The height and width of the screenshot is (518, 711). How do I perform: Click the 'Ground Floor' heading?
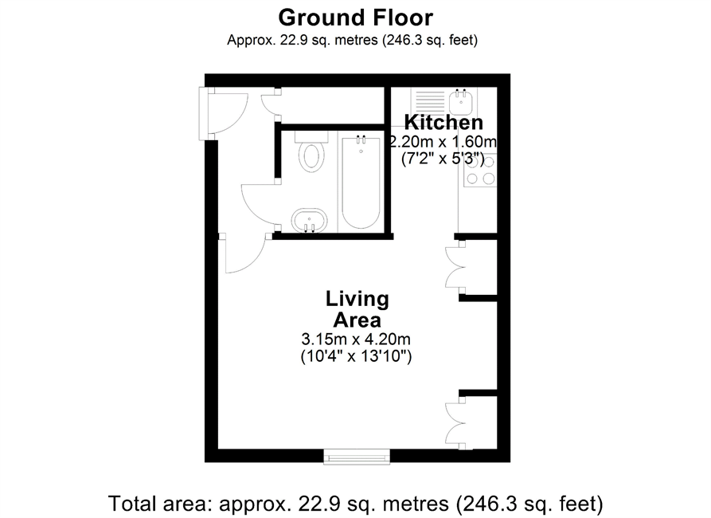355,18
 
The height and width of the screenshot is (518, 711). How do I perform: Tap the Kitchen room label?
443,123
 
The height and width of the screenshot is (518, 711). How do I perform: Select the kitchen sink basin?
462,101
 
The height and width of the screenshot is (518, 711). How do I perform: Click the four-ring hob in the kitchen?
480,171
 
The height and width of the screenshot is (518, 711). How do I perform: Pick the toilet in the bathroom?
311,151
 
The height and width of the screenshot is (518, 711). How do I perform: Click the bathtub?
361,182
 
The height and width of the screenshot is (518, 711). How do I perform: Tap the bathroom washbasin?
309,221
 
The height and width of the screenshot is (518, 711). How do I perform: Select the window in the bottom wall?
357,456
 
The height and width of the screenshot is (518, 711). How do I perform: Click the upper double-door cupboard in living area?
455,266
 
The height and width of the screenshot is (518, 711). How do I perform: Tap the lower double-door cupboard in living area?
455,423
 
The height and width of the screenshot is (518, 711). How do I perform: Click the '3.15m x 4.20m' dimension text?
356,339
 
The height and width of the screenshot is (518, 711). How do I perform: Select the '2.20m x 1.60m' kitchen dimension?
443,142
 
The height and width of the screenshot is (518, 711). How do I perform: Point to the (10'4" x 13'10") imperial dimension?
357,356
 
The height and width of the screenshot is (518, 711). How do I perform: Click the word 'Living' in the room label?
357,300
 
